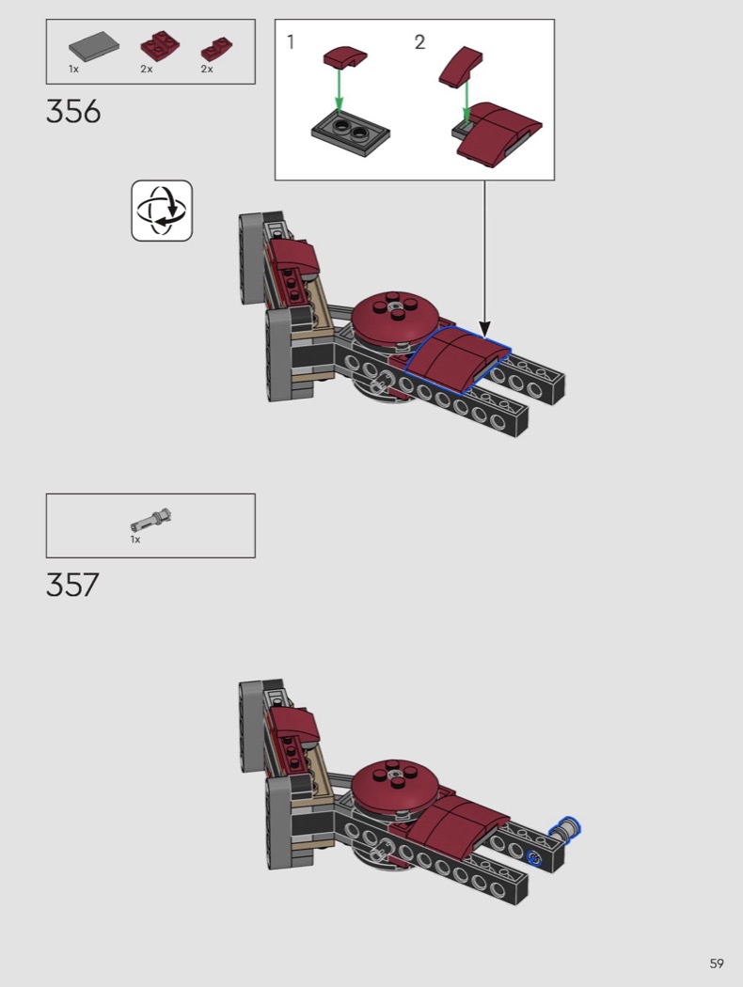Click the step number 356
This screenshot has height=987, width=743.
tap(73, 112)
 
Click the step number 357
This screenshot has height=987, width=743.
tap(72, 585)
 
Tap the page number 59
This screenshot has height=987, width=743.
tap(717, 963)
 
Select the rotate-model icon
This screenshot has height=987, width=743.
tap(162, 211)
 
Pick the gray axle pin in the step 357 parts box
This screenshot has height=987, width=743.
tap(151, 521)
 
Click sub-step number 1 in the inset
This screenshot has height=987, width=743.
tap(291, 42)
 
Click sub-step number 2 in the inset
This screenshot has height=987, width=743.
tap(420, 42)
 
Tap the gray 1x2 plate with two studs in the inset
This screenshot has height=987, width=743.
tap(351, 134)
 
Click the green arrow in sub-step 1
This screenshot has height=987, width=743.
tap(340, 90)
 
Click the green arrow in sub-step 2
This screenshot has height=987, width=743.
tap(466, 100)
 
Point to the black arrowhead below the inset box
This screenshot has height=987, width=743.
tap(484, 329)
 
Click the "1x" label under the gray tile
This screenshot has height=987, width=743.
tap(73, 70)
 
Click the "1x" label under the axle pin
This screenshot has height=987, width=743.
tap(135, 540)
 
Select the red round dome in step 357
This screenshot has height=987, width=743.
tap(394, 788)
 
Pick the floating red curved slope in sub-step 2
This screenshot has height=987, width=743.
tap(461, 66)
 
